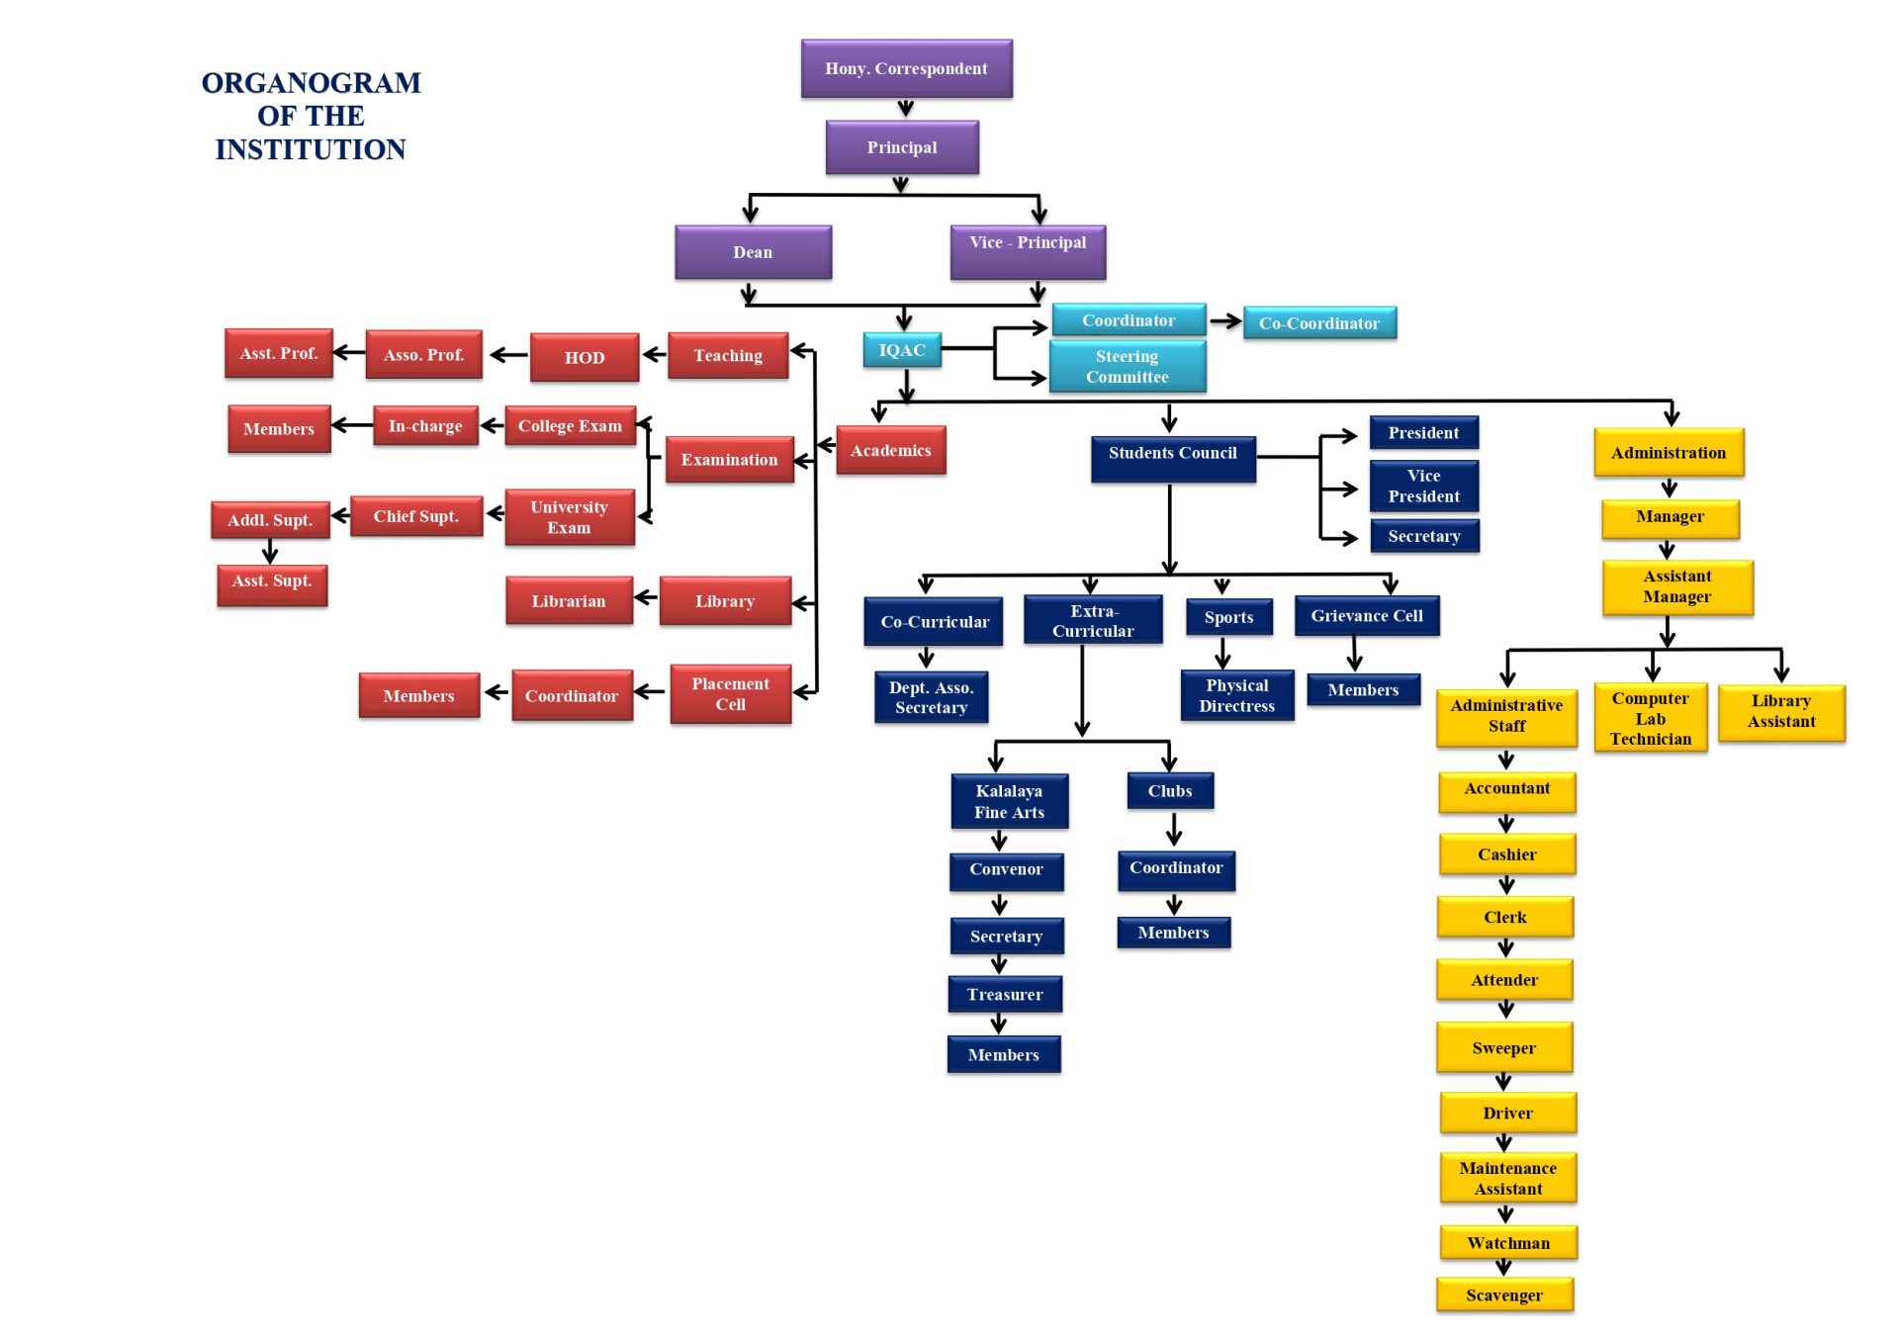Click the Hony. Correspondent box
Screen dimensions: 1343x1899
(906, 68)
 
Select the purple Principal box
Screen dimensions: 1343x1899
(902, 147)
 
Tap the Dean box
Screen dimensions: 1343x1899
(753, 252)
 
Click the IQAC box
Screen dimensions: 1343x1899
(902, 350)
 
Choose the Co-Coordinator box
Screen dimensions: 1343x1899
(1318, 323)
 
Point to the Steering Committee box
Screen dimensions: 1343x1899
(1127, 366)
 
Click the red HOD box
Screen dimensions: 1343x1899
(585, 357)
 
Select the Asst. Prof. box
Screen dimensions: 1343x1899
(279, 353)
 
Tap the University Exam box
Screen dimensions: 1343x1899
(569, 517)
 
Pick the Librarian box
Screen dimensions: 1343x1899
(569, 600)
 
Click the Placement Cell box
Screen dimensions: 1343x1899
(730, 693)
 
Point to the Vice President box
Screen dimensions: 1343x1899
(1423, 486)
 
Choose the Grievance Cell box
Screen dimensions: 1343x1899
(1367, 615)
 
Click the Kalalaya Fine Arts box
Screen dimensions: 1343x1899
(1009, 801)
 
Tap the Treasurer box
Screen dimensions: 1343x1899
(1005, 994)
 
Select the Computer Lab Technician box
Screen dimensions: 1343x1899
(1650, 718)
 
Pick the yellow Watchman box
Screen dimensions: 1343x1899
(1507, 1242)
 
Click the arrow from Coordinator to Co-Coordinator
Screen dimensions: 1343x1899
(1224, 320)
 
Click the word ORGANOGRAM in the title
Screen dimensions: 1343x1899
(311, 83)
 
